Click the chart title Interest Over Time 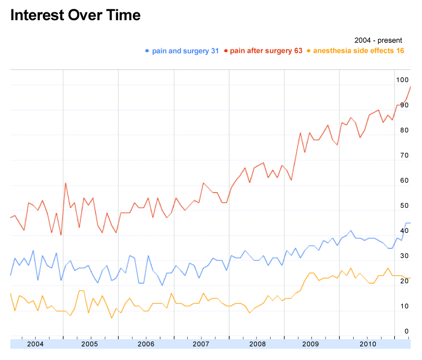point(75,15)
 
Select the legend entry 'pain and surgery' point(181,51)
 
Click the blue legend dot point(147,51)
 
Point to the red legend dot point(226,51)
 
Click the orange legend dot point(309,51)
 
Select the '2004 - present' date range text point(378,40)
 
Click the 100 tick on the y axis point(402,80)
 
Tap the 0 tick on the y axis point(406,331)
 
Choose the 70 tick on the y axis point(404,155)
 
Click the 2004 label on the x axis point(35,344)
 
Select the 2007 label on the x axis point(201,344)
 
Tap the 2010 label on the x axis point(366,344)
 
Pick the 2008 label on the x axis point(256,344)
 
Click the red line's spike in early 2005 point(65,183)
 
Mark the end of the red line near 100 point(410,87)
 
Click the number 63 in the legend point(297,51)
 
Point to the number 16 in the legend point(400,51)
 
